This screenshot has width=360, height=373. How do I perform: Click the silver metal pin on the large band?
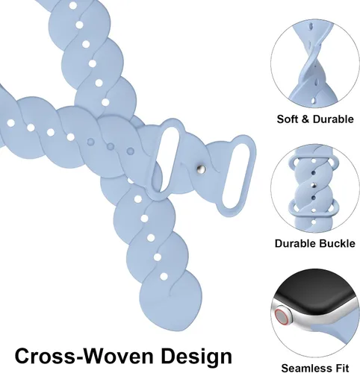point(201,169)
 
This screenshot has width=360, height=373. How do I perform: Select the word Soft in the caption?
point(288,119)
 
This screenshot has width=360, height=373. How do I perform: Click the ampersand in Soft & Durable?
point(305,119)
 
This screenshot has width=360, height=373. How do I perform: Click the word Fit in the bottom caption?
point(342,368)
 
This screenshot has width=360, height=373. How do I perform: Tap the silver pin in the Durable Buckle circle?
point(313,185)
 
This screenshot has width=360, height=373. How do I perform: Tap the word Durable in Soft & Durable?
point(333,119)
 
